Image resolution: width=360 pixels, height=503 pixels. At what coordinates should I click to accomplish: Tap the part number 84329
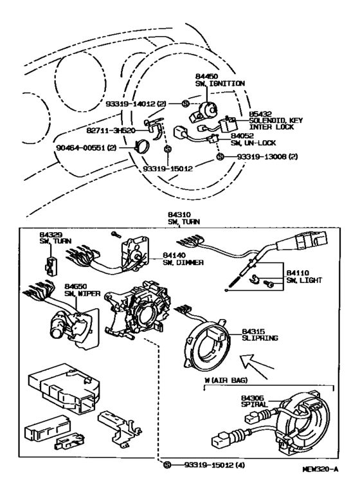[x=50, y=235]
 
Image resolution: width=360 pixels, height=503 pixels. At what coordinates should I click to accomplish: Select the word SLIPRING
[x=259, y=336]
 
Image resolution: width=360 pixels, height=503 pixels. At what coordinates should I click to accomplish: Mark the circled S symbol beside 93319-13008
[x=220, y=156]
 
